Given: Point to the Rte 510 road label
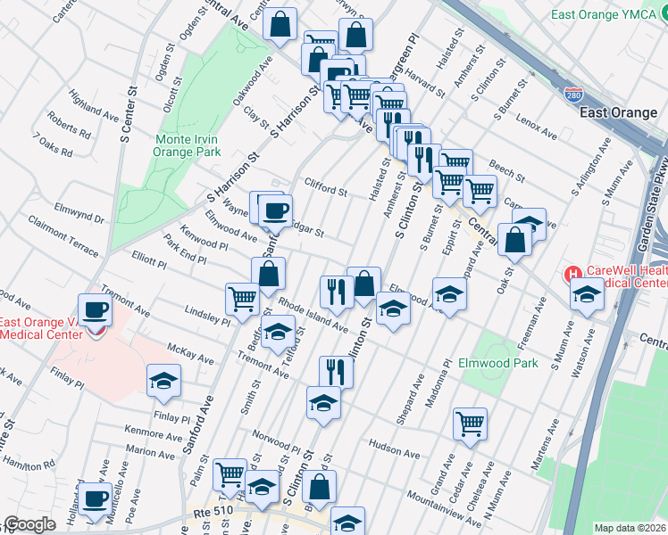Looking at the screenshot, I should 213,514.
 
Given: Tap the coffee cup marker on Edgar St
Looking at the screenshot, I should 275,210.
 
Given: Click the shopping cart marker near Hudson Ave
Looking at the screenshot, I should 470,424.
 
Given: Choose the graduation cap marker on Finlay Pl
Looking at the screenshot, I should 163,381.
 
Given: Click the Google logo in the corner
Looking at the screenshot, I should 29,524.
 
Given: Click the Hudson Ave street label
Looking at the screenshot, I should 393,452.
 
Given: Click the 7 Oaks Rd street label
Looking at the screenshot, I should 52,144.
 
